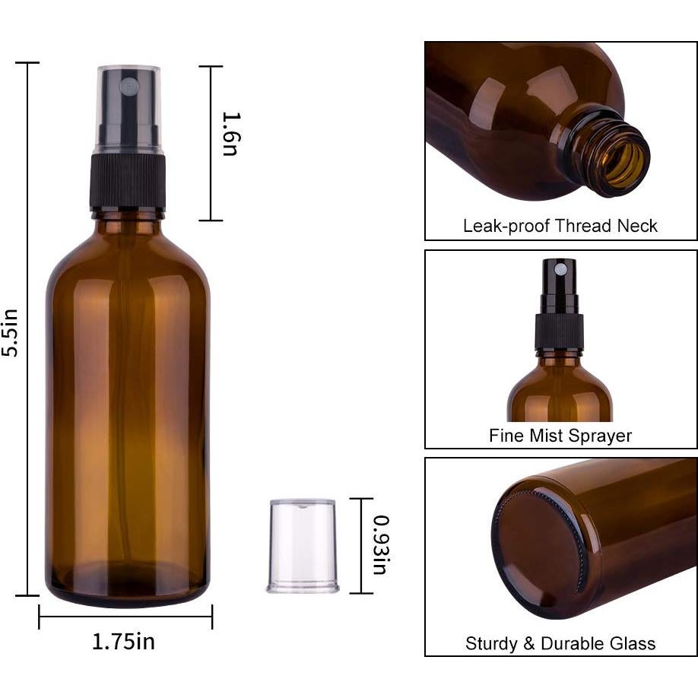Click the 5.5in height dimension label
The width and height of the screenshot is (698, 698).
(10, 332)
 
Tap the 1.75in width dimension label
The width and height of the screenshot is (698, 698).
(123, 641)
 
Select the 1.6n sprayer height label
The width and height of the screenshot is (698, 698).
(230, 134)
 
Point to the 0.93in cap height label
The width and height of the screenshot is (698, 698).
(381, 545)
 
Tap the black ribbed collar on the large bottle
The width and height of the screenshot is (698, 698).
(128, 182)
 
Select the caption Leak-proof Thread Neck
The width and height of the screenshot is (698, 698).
(560, 226)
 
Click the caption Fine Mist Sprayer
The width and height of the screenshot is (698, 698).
(560, 436)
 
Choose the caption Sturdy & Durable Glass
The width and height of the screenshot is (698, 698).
(560, 643)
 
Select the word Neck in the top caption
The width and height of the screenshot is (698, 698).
(639, 226)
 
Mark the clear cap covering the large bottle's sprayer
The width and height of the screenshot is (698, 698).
(128, 106)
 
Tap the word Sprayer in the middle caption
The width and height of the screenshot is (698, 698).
(602, 436)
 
